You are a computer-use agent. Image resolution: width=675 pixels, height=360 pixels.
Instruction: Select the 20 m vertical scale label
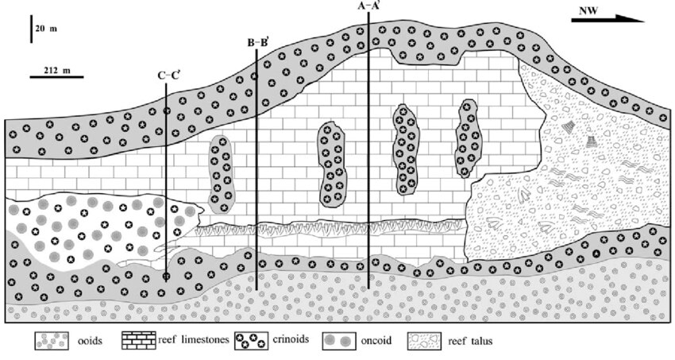point(48,29)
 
